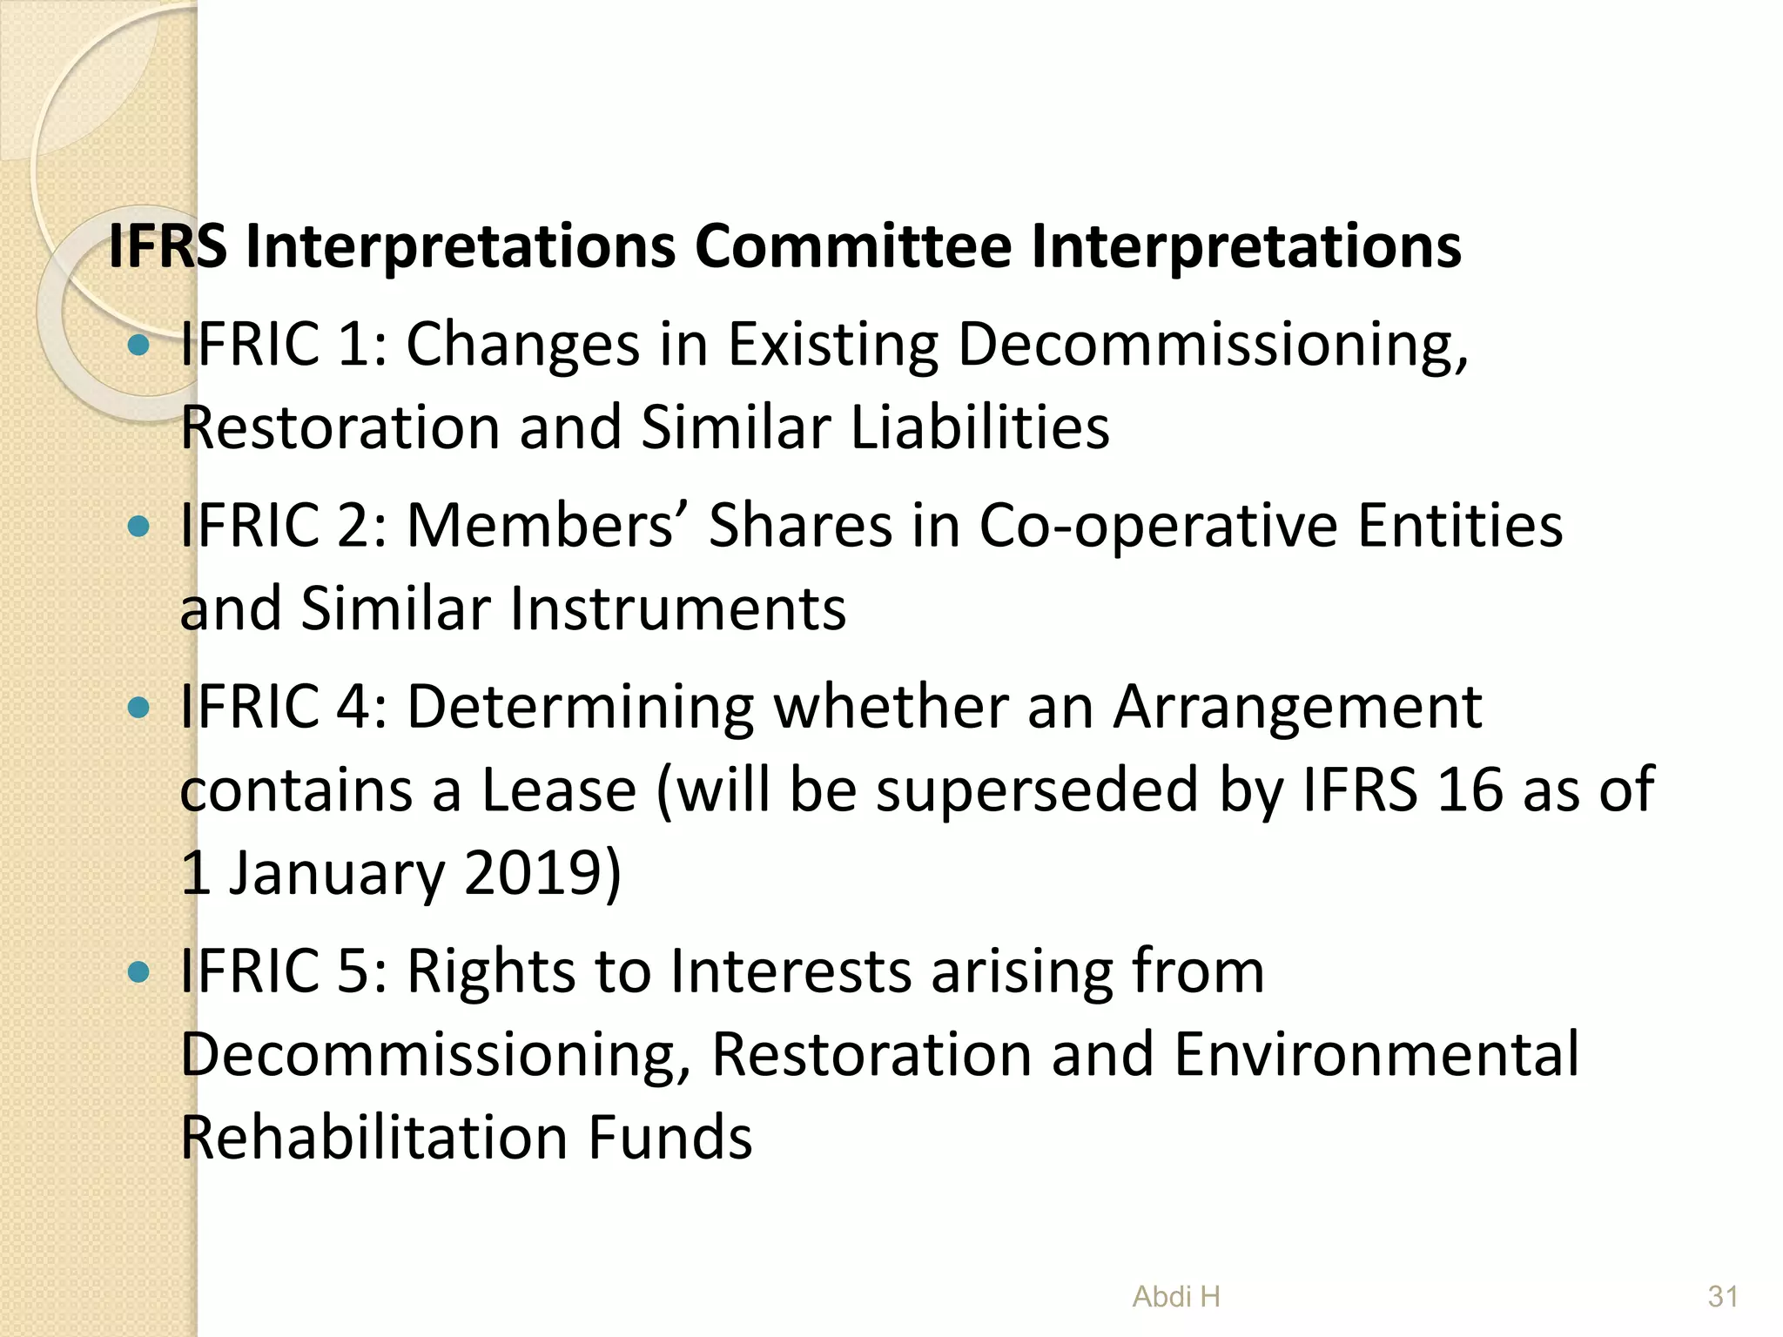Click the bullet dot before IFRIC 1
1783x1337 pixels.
coord(138,346)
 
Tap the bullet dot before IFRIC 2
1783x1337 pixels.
coord(138,527)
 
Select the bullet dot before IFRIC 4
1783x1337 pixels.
coord(138,708)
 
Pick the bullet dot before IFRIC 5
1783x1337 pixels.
coord(138,971)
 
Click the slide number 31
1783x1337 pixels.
coord(1723,1297)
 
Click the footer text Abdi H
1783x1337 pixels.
coord(1176,1297)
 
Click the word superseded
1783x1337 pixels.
coord(1037,789)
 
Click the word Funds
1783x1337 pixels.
coord(669,1138)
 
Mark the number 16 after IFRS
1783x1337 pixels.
coord(1470,789)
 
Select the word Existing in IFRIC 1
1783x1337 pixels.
coord(833,346)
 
